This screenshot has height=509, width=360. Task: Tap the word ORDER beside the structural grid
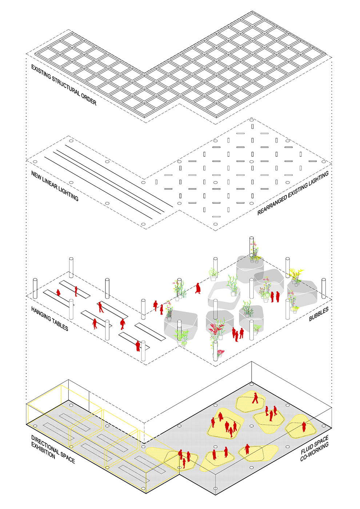tap(89, 98)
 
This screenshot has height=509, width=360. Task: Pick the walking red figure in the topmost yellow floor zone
tap(255, 398)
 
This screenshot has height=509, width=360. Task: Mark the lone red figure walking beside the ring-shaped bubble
tap(198, 288)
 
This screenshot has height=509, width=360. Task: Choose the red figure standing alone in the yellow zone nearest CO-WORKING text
tap(248, 449)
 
